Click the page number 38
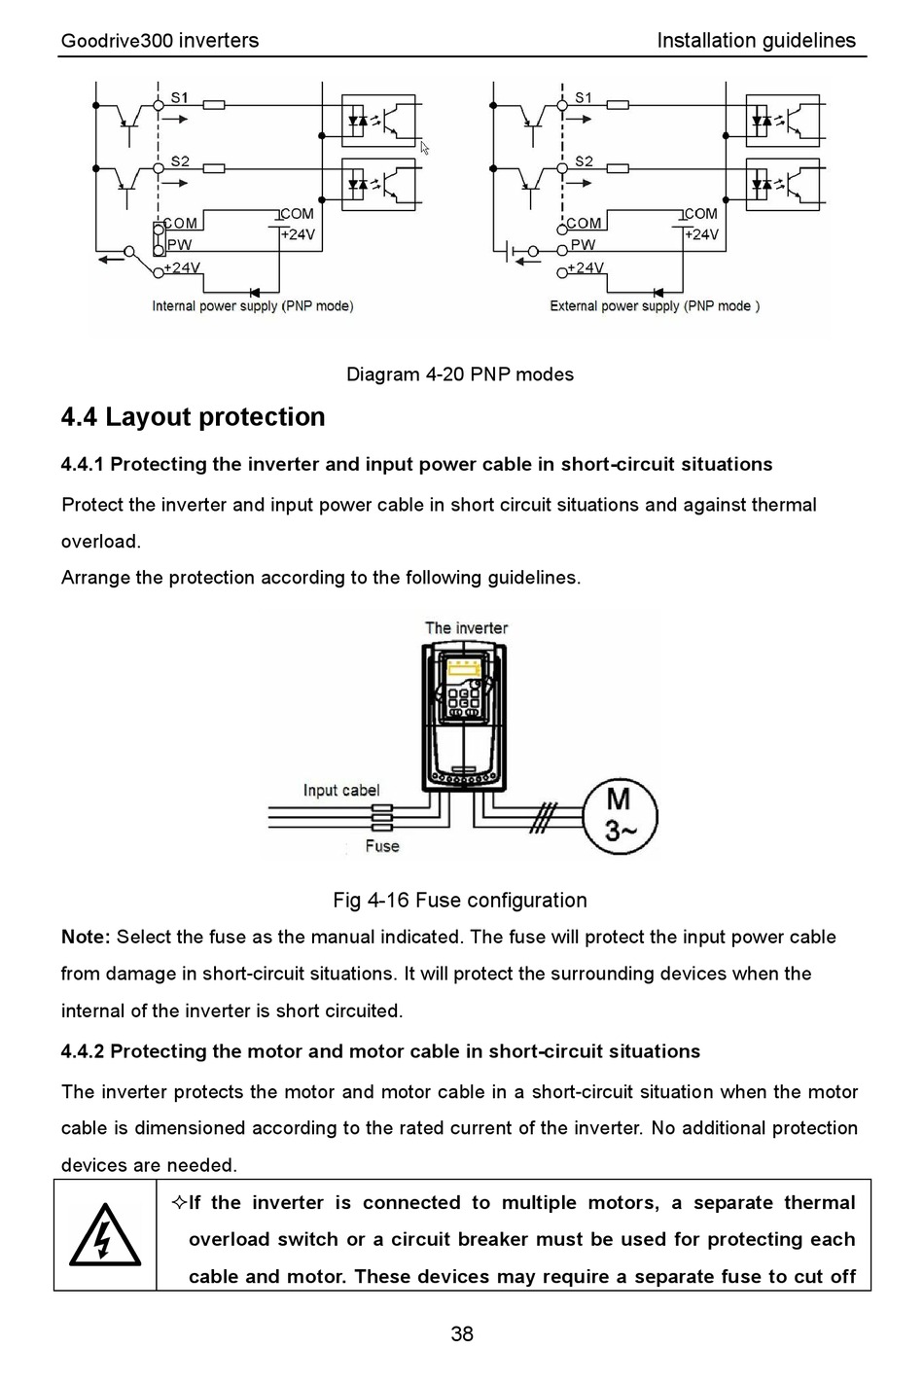[462, 1333]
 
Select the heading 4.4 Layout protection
[193, 417]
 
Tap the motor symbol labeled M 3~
[620, 815]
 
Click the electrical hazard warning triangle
[104, 1235]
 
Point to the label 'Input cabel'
[340, 790]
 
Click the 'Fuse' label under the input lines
[382, 846]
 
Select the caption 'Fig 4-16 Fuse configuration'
[459, 901]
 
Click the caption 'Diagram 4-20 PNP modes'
[460, 374]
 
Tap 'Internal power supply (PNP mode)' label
[252, 306]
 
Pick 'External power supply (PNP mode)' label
[655, 306]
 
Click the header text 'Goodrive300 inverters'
[160, 41]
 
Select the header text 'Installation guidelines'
[756, 41]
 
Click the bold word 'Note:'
[86, 938]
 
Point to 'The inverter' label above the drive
[466, 628]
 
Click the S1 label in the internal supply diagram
[180, 97]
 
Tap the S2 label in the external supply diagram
[584, 161]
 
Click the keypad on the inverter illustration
[464, 692]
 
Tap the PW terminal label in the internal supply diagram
[179, 245]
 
